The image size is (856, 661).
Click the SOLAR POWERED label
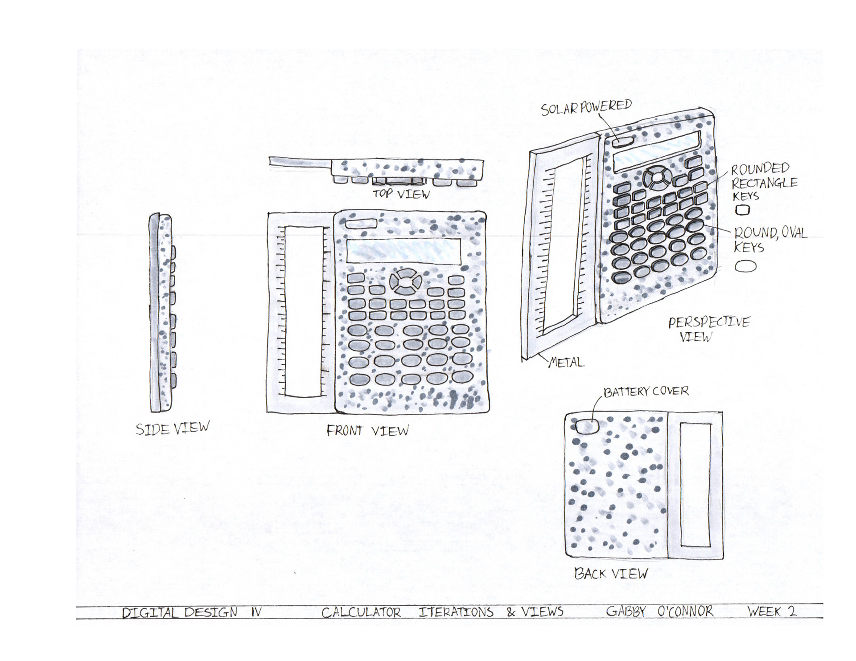point(586,107)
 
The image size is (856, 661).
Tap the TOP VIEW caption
point(401,194)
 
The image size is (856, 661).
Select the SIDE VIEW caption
point(173,428)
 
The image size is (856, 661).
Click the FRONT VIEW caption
point(367,430)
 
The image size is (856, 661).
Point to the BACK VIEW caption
point(611,573)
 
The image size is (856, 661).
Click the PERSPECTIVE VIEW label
point(708,329)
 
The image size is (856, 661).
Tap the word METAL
point(567,362)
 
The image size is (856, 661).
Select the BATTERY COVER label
point(646,392)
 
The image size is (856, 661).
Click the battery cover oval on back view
point(587,426)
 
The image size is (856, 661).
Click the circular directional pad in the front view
point(406,281)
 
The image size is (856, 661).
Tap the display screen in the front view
point(403,251)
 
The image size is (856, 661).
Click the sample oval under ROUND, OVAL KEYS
point(745,266)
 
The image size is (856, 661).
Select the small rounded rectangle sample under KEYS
point(742,210)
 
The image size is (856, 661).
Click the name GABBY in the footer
point(626,612)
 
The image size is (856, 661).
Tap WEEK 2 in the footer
point(771,611)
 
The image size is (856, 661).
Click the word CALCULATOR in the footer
point(361,612)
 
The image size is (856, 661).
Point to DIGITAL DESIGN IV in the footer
point(191,612)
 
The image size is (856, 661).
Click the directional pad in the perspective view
point(656,177)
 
